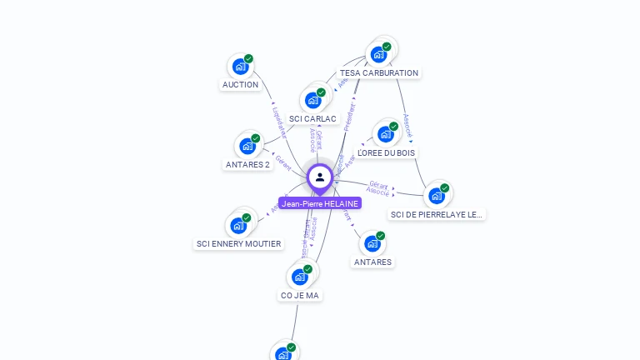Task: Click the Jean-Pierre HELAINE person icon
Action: [320, 177]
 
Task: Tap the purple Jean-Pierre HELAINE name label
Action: [320, 203]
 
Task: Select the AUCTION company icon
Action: [240, 67]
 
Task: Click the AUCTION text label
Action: [240, 85]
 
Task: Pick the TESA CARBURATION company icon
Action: [378, 55]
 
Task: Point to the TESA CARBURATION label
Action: [379, 73]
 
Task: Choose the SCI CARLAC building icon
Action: [313, 101]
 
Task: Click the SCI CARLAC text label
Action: [313, 119]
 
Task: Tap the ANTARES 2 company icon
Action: [247, 146]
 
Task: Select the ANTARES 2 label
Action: [248, 164]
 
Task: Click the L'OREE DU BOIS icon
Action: [385, 134]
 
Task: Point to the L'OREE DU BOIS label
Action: [386, 152]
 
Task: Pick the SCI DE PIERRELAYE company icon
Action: [436, 197]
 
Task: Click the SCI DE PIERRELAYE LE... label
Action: [437, 215]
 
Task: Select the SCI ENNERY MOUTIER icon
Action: [238, 226]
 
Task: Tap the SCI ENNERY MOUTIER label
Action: [238, 244]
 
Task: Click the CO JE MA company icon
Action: [300, 277]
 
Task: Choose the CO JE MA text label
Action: [300, 295]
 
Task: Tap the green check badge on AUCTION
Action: [248, 59]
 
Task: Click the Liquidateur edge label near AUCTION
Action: [280, 122]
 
